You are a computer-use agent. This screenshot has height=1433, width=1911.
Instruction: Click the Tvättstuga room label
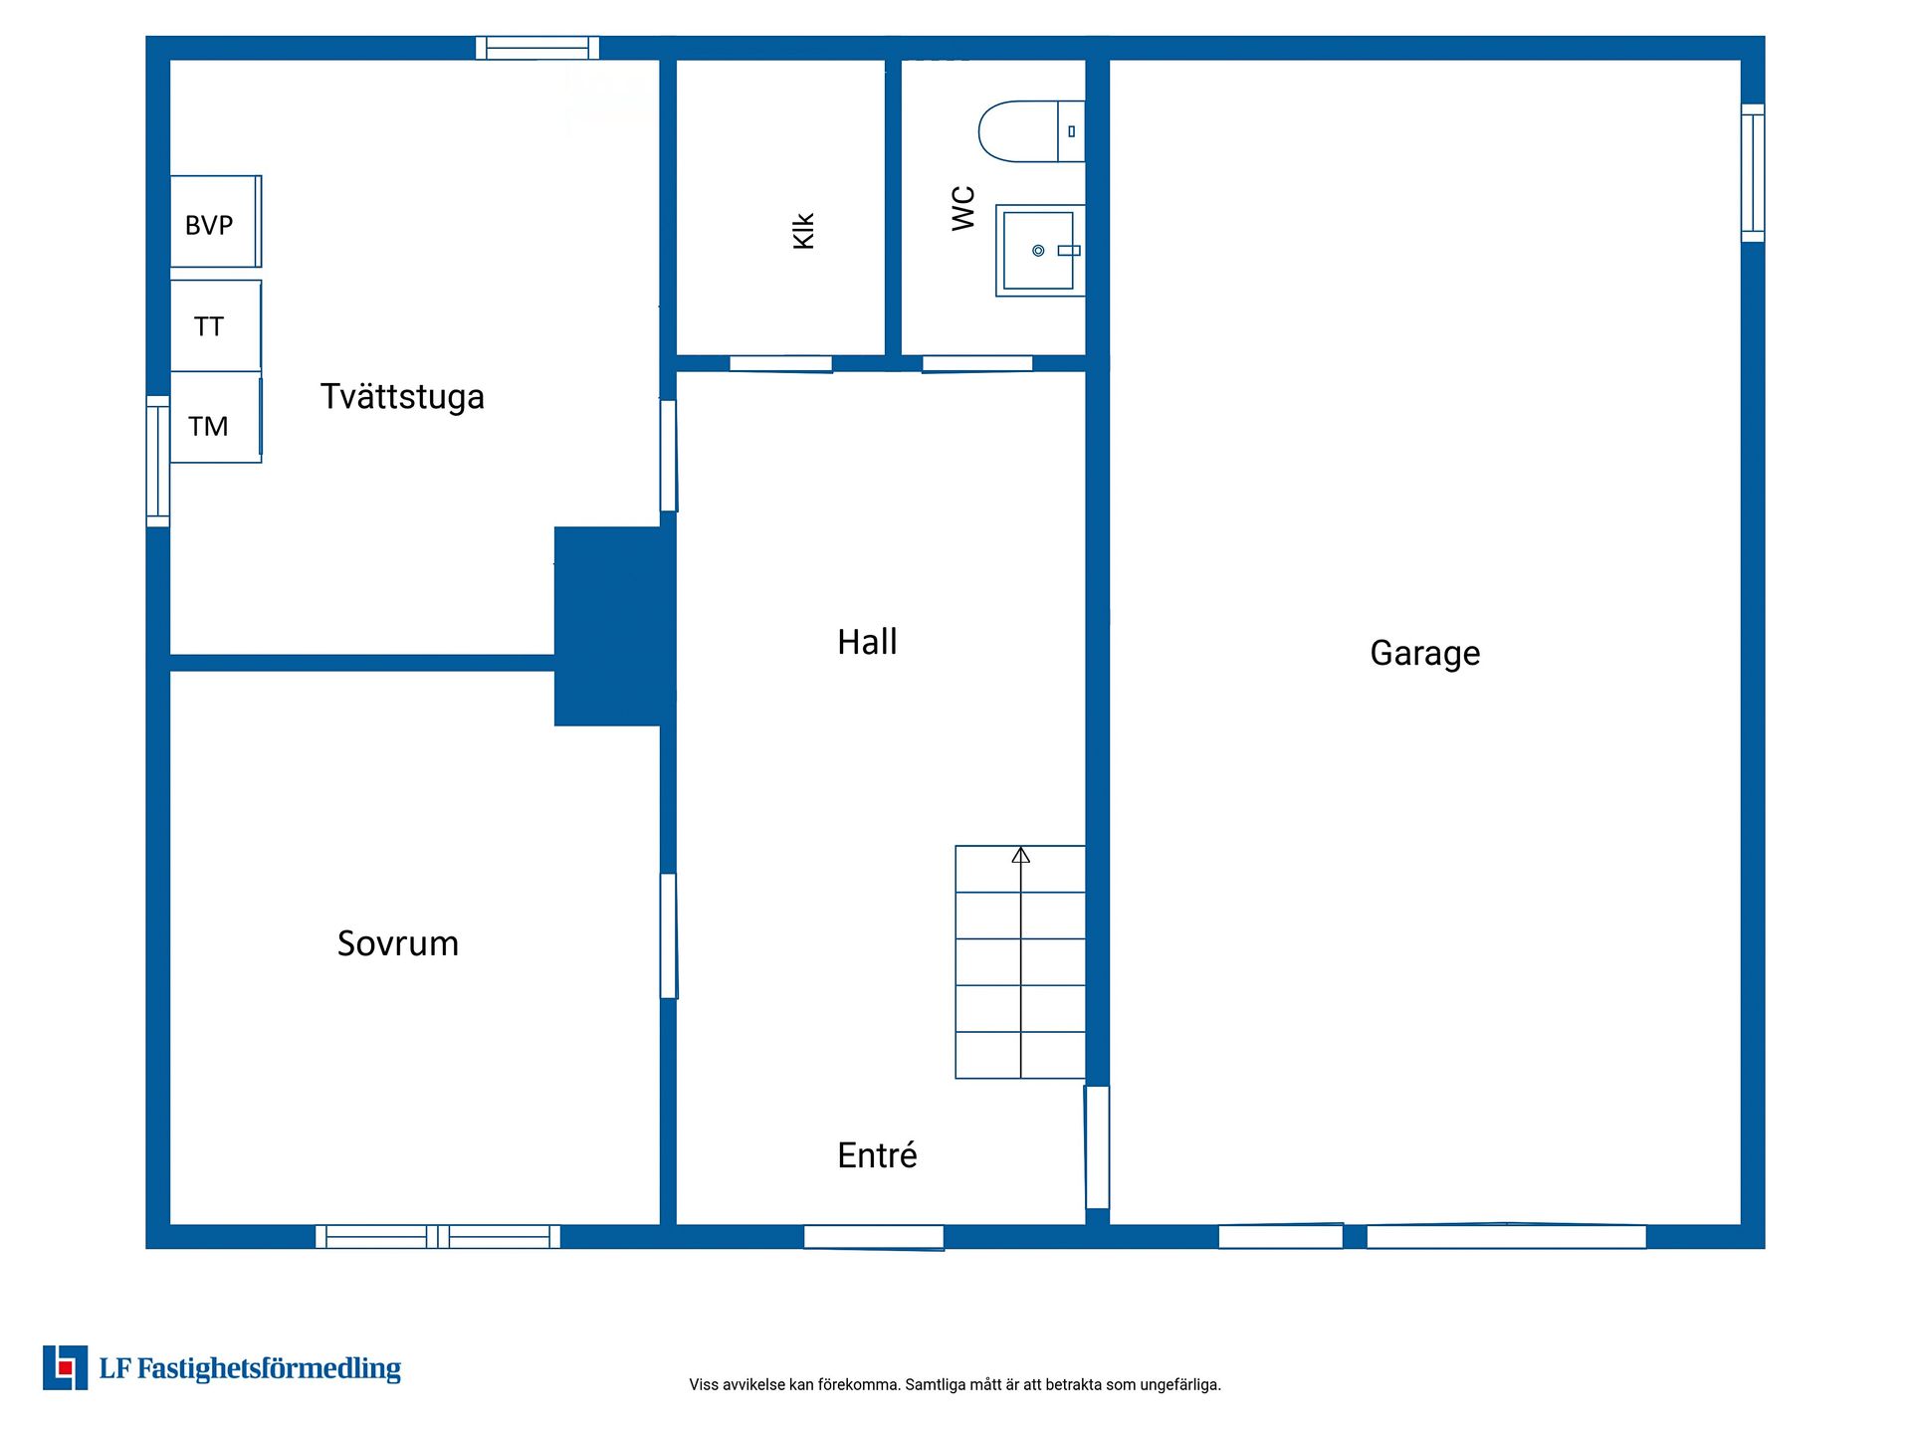point(402,397)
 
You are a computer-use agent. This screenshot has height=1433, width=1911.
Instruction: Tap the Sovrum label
point(398,943)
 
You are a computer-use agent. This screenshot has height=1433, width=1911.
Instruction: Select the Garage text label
point(1425,654)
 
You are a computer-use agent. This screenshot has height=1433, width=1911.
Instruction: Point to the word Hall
point(867,642)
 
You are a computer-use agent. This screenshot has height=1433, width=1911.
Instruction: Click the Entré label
point(877,1154)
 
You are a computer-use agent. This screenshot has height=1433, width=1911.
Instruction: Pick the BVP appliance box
point(216,222)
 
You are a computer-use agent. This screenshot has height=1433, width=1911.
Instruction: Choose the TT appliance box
point(216,326)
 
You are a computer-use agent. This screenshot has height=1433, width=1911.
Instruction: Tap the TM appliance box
point(216,417)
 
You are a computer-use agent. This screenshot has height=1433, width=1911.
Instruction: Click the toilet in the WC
point(1031,131)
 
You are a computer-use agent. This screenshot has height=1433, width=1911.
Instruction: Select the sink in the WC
point(1040,251)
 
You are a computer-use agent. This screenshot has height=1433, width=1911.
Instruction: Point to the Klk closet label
point(804,231)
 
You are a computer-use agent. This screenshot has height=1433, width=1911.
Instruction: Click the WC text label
point(963,208)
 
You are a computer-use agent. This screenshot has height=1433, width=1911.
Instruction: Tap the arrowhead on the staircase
point(1021,855)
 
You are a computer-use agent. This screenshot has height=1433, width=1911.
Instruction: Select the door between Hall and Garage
point(1097,1147)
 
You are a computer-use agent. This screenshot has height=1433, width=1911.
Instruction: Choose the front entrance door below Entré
point(874,1237)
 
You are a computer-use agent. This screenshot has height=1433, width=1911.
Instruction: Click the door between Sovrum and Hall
point(669,935)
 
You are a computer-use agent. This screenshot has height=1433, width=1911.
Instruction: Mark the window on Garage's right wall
point(1753,173)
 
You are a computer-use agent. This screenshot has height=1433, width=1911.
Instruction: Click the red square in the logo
point(66,1368)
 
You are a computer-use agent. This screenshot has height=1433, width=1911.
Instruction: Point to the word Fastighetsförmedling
point(269,1369)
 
